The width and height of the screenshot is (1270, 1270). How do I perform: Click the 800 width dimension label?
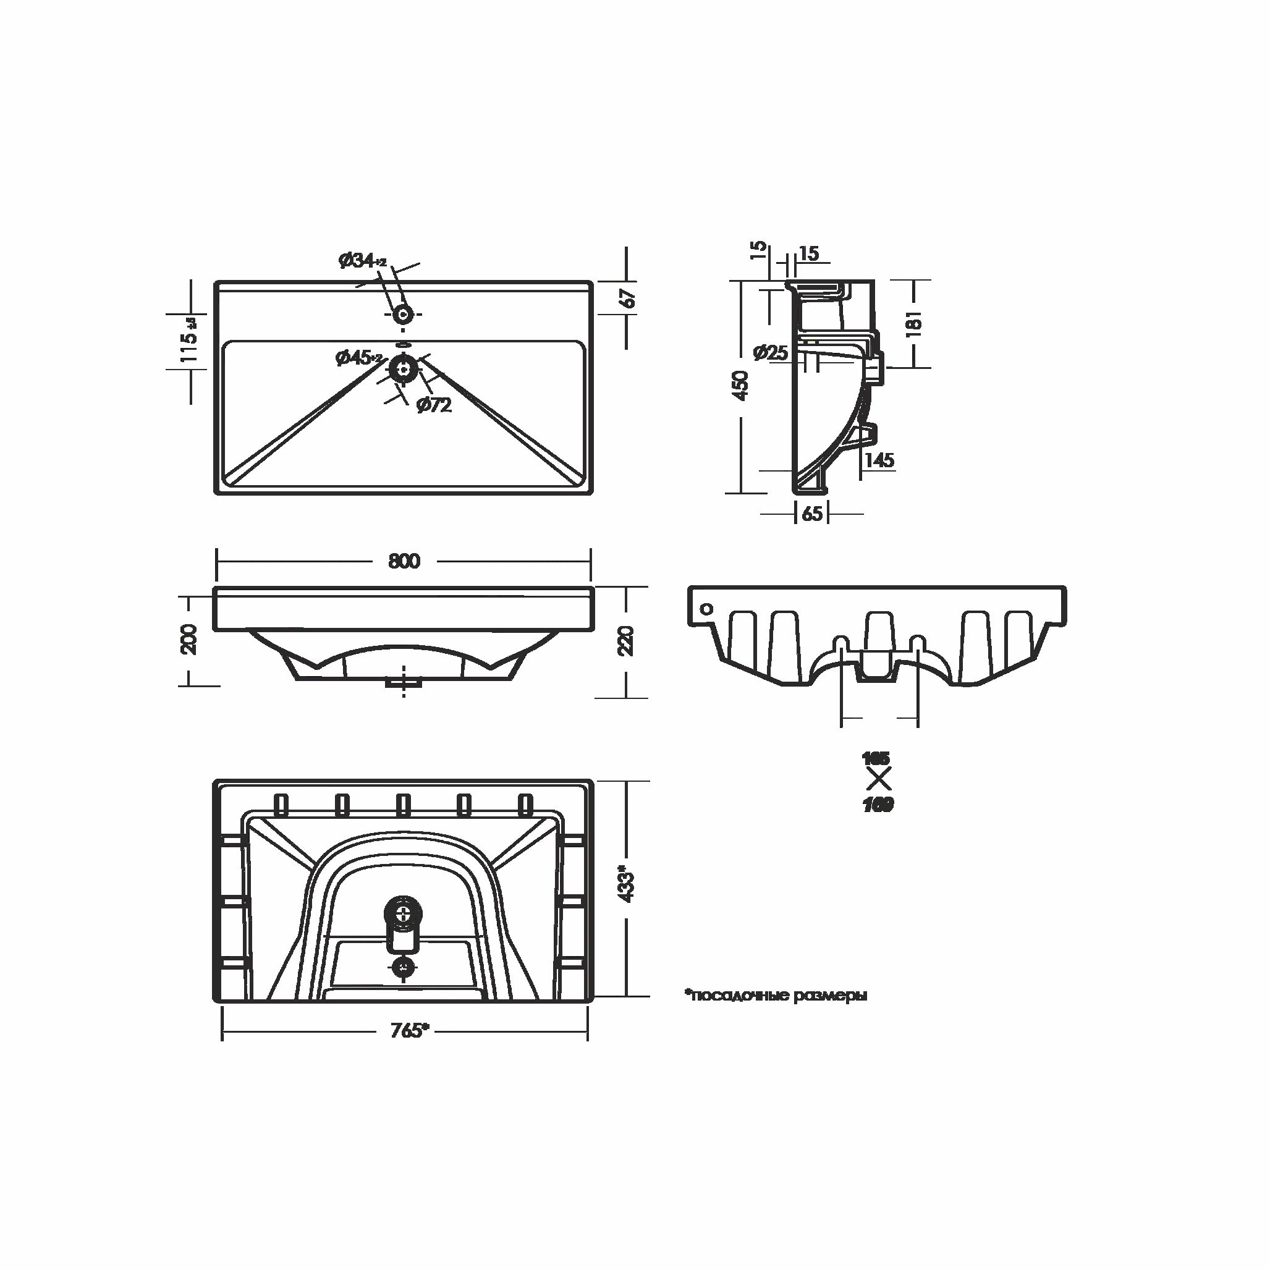[404, 561]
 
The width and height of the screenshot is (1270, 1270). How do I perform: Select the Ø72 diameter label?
[434, 405]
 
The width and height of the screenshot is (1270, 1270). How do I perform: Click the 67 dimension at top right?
[629, 298]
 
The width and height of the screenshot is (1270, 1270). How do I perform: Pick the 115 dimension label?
[188, 339]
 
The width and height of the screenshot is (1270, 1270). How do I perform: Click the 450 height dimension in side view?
[741, 386]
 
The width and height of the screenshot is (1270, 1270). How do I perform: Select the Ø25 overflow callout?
[771, 352]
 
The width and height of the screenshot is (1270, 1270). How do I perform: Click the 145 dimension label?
[879, 460]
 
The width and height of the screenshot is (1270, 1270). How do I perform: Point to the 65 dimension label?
[812, 514]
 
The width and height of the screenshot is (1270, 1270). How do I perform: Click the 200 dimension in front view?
[188, 638]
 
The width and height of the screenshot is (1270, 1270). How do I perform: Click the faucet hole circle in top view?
[402, 314]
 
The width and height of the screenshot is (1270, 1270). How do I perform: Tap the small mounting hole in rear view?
[706, 608]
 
